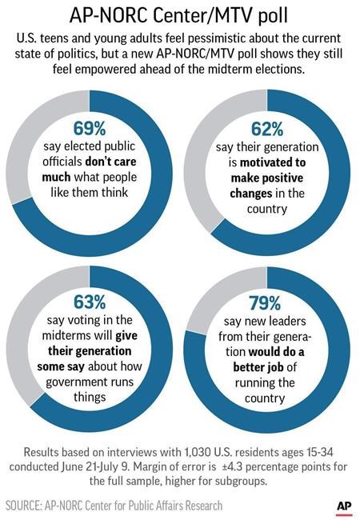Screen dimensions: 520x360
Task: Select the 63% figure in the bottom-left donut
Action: click(88, 302)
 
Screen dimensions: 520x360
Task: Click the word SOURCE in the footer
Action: click(27, 506)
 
